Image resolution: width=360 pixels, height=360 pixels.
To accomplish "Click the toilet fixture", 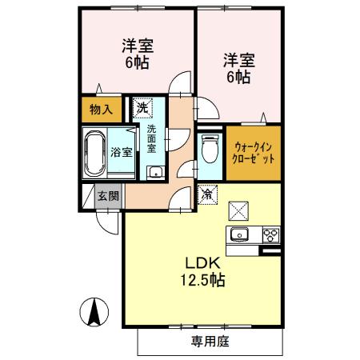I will pyautogui.click(x=210, y=148).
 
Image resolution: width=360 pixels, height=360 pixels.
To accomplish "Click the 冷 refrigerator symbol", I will pyautogui.click(x=206, y=194).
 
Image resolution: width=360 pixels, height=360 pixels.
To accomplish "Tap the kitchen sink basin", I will pyautogui.click(x=240, y=234).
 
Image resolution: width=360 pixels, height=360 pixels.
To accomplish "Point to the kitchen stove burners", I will pyautogui.click(x=271, y=234).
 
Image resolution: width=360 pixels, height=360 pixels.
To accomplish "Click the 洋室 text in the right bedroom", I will pyautogui.click(x=238, y=60).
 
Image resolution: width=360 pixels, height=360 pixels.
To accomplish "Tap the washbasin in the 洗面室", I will pyautogui.click(x=154, y=172).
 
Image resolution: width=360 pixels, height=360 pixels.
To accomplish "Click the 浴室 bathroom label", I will pyautogui.click(x=121, y=150).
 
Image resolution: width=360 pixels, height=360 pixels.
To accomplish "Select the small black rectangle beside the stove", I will pyautogui.click(x=272, y=251).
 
